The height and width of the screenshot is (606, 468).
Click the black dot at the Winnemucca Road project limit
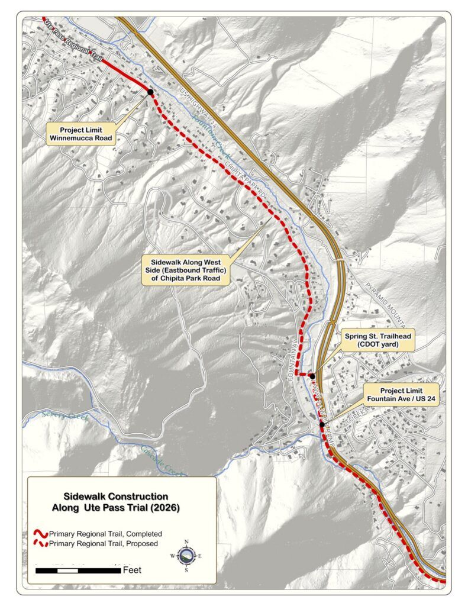click(150, 92)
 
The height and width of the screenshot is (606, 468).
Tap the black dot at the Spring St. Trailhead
click(312, 376)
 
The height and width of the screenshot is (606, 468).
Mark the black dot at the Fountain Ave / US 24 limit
click(321, 424)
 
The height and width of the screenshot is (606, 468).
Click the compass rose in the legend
click(186, 556)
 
